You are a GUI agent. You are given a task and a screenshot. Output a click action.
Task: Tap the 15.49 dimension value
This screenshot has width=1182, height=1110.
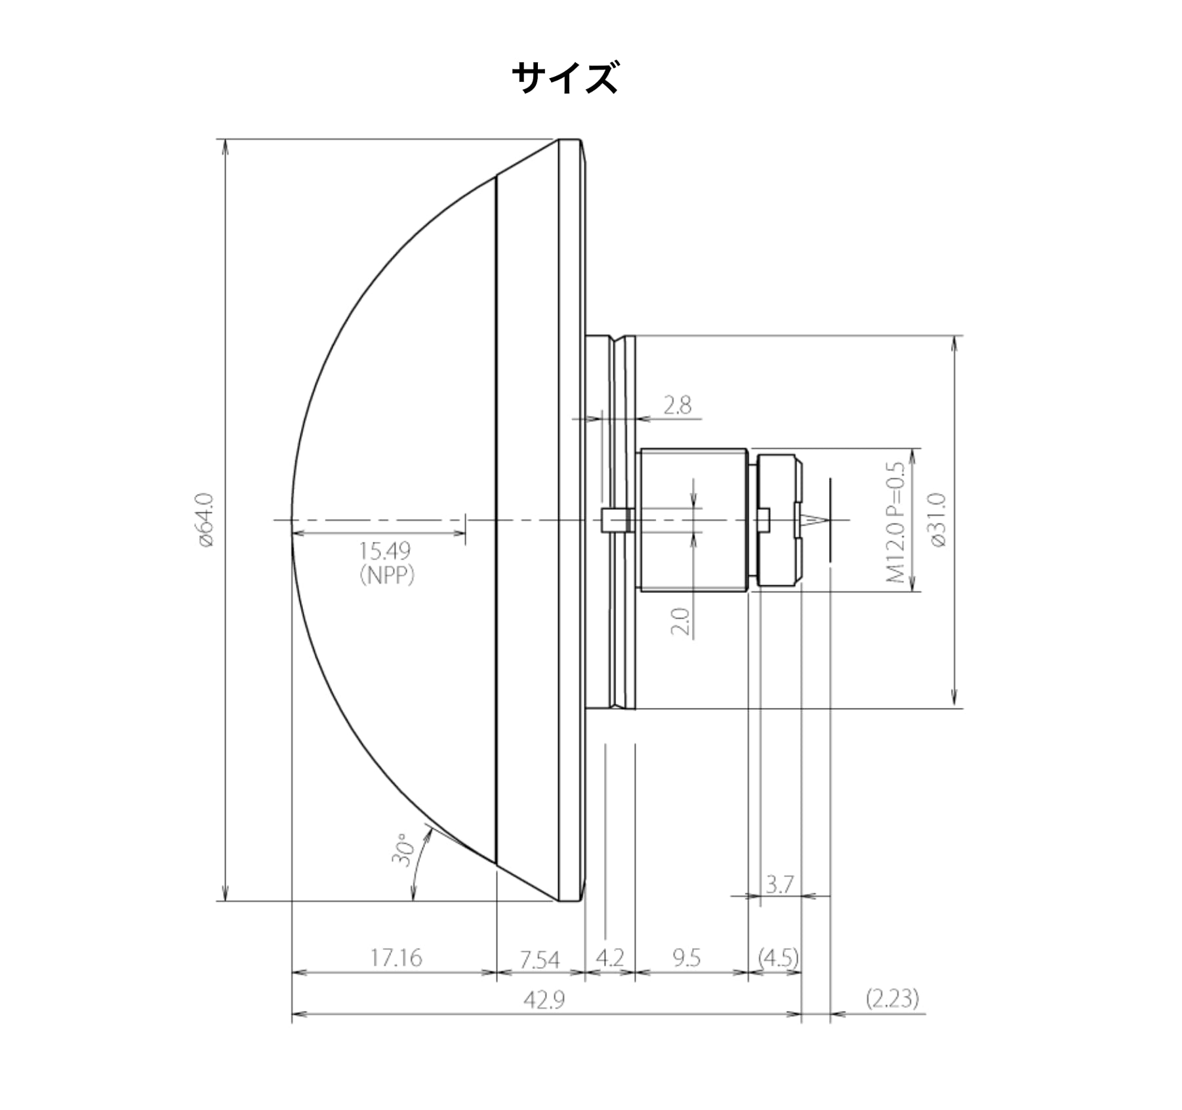click(x=385, y=550)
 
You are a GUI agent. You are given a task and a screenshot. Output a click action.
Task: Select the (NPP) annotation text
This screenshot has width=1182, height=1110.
click(x=387, y=575)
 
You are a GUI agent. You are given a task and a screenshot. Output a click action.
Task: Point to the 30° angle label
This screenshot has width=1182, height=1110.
click(x=402, y=850)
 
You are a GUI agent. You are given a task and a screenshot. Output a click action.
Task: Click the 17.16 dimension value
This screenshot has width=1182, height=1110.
click(x=396, y=958)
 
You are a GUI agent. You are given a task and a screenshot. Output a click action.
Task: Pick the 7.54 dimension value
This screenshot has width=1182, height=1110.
click(x=540, y=960)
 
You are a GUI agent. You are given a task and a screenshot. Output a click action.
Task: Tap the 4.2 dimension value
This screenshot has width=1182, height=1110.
click(x=609, y=958)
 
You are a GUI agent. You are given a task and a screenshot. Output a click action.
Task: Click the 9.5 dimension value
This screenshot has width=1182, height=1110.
click(x=686, y=958)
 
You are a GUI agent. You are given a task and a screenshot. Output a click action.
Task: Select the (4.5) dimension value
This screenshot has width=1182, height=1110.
click(x=778, y=958)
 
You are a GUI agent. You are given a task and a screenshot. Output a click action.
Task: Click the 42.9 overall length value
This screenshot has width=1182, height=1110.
click(x=544, y=1000)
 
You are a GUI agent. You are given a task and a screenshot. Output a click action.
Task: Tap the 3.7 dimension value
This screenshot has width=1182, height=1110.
click(x=779, y=884)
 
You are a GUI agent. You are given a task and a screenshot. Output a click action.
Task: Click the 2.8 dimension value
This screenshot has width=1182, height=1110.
click(x=677, y=405)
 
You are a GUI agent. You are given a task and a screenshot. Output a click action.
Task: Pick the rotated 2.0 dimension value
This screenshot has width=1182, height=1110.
click(x=680, y=621)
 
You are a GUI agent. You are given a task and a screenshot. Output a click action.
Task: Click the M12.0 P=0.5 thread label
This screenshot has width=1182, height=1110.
click(x=896, y=522)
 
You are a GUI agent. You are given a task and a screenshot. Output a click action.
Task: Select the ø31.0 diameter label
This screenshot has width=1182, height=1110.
click(x=939, y=521)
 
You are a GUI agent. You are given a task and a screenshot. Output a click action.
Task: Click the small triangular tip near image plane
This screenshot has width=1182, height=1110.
click(x=813, y=521)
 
